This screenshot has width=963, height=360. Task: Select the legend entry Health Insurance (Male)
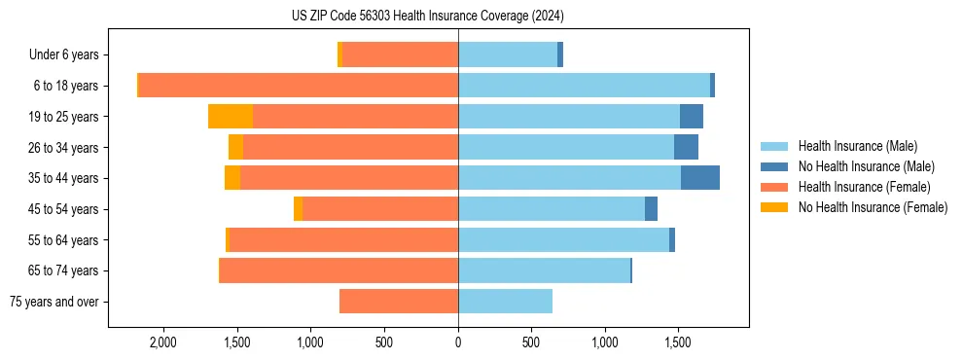856,146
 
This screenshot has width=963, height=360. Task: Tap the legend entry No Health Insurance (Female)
873,207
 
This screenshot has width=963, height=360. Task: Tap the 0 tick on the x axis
458,342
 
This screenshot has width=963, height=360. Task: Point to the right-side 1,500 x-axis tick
678,342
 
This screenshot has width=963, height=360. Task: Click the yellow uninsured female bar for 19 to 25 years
231,117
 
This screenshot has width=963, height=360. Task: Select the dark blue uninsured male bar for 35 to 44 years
700,178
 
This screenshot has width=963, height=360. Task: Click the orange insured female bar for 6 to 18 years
299,86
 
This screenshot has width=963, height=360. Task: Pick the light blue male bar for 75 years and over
505,302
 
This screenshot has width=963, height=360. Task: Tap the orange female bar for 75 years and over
399,302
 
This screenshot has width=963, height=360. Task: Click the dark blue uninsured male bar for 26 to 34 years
686,148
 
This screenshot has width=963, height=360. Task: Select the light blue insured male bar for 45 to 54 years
552,209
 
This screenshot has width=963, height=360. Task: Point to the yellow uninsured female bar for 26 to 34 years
235,148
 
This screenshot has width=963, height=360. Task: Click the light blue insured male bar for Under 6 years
508,55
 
